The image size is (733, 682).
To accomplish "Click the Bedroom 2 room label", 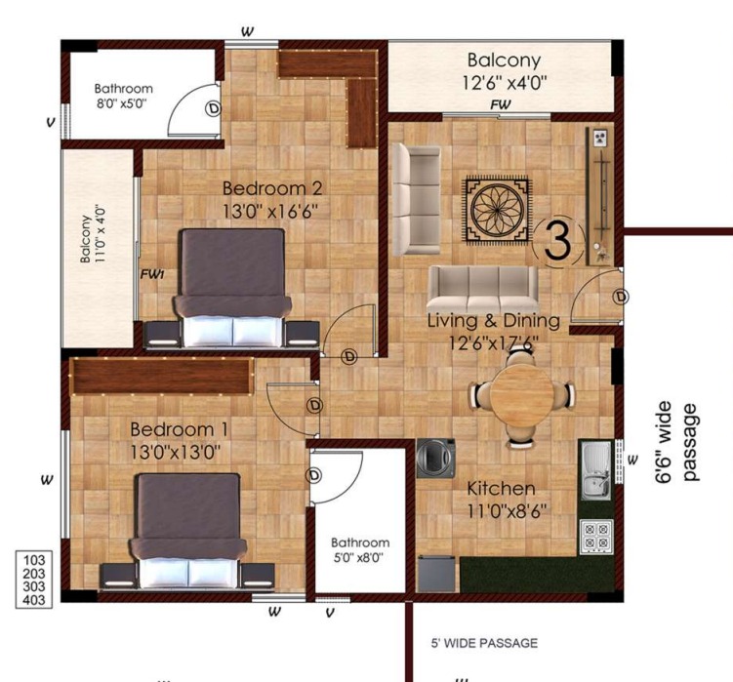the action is [x=272, y=188].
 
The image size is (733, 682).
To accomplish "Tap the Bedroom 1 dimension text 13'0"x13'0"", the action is [x=176, y=453].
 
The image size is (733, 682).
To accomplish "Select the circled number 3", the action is [x=558, y=241].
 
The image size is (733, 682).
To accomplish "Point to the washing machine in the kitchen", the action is [x=436, y=459].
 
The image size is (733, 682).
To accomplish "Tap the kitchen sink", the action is [x=596, y=469].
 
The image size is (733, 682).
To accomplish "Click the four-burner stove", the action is [x=596, y=537].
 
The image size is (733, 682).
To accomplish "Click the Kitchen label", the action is [x=501, y=489].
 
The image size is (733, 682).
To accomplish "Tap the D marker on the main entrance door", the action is [x=621, y=297].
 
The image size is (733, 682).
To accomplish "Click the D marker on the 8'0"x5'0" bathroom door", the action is [x=213, y=108].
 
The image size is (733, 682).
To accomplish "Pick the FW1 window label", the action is [x=152, y=274].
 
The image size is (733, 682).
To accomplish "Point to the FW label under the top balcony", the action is [x=500, y=105].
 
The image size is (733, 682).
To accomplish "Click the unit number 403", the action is [x=34, y=600].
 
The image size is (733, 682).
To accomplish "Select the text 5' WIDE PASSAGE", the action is [x=484, y=643].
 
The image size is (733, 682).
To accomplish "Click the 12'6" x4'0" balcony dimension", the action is [x=505, y=83].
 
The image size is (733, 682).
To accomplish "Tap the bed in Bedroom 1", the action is [x=187, y=532].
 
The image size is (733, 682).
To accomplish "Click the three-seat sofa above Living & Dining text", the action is [x=483, y=289].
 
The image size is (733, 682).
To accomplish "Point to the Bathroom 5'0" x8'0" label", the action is [x=360, y=549].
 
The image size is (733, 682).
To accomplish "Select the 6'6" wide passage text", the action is [x=677, y=442].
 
